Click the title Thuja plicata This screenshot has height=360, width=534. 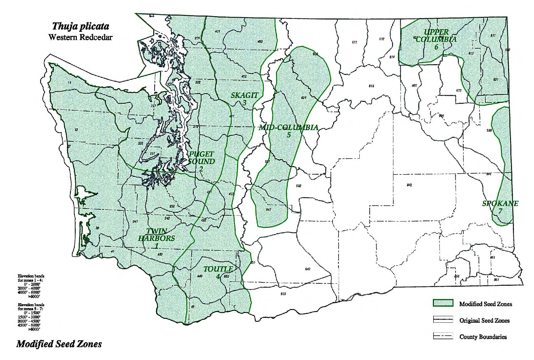pyautogui.click(x=81, y=26)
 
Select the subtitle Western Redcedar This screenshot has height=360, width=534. pyautogui.click(x=80, y=37)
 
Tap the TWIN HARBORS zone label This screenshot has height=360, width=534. pyautogui.click(x=157, y=238)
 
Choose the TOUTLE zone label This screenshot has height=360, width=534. pyautogui.click(x=218, y=272)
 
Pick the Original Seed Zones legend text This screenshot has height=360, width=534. pyautogui.click(x=484, y=320)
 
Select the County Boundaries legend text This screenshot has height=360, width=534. pyautogui.click(x=483, y=337)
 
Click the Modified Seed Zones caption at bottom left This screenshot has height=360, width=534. pyautogui.click(x=59, y=344)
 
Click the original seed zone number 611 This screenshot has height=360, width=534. pyautogui.click(x=354, y=42)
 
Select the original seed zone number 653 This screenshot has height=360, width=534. pyautogui.click(x=283, y=294)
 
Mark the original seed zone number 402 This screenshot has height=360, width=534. pyautogui.click(x=260, y=42)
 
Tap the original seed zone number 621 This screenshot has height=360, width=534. pyautogui.click(x=304, y=97)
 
